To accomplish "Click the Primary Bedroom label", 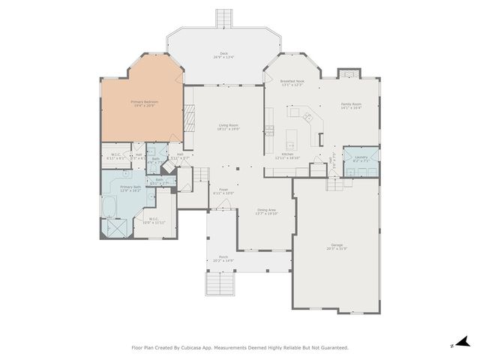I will click(x=145, y=103).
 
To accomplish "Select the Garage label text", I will click(x=337, y=246).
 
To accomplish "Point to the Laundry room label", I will click(x=361, y=158).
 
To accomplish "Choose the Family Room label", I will click(x=351, y=106).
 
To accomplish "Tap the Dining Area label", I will click(x=266, y=211).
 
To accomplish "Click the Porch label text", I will click(x=223, y=259).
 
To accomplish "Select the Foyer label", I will click(x=223, y=191).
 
